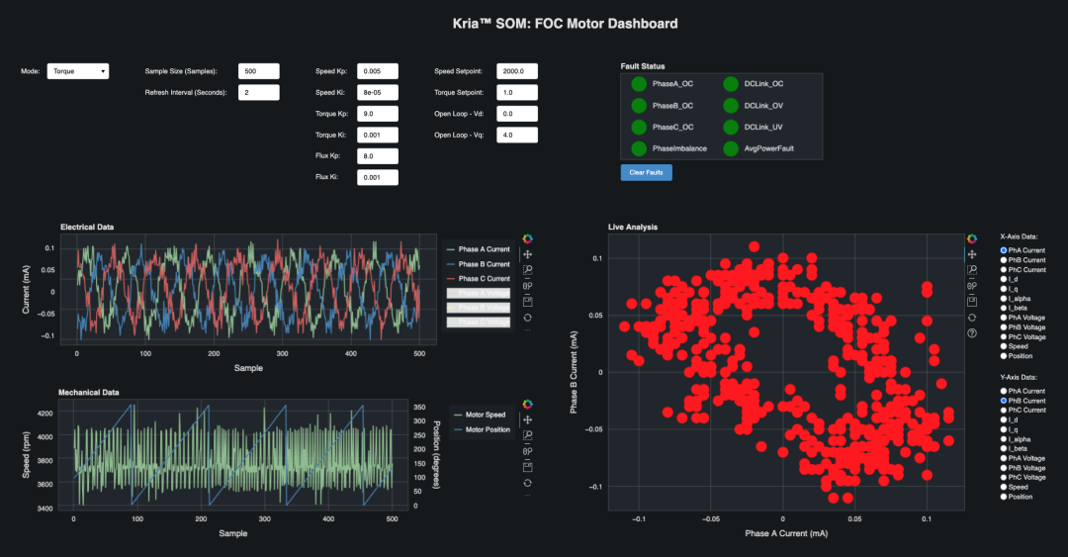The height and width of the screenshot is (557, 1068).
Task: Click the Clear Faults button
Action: point(647,173)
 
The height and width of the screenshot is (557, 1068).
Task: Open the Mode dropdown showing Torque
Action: point(78,71)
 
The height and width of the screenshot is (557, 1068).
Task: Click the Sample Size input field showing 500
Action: point(259,71)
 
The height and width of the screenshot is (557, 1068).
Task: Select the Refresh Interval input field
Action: point(259,92)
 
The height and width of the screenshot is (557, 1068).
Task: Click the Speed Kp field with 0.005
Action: point(378,71)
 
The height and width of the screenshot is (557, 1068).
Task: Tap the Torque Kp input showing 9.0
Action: point(378,114)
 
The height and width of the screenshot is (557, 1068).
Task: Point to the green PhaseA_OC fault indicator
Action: point(639,84)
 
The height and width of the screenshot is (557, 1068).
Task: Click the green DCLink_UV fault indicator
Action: point(730,127)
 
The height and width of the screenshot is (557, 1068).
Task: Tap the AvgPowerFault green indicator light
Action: point(730,148)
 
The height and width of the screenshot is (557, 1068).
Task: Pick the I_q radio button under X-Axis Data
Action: point(1004,289)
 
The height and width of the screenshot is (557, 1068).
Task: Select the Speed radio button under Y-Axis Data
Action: point(1004,487)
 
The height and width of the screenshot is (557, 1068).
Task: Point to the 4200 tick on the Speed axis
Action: point(45,414)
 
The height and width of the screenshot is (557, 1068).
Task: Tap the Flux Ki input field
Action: point(378,177)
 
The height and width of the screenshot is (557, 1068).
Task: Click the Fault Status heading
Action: point(643,65)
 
